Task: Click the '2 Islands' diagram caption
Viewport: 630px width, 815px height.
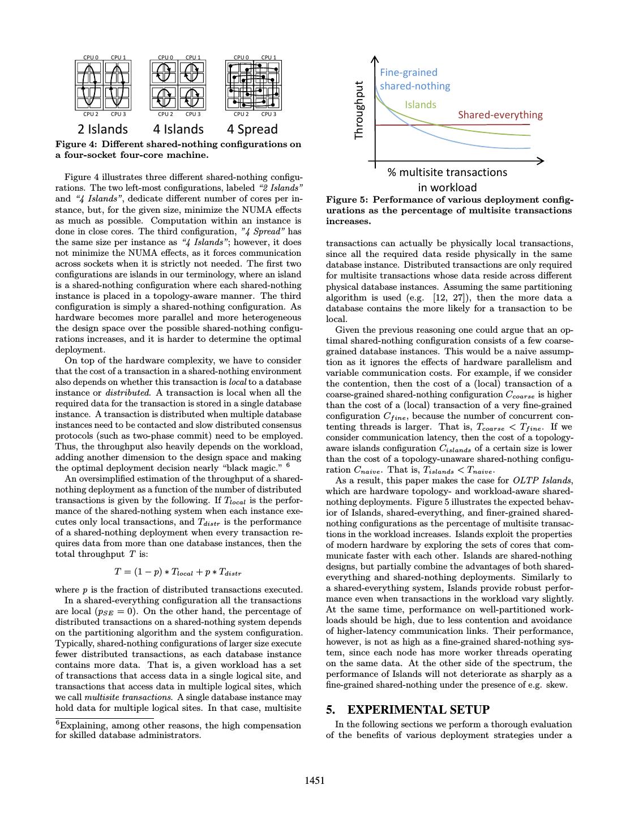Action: tap(102, 130)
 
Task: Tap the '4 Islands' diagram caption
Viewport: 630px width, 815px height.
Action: tap(178, 130)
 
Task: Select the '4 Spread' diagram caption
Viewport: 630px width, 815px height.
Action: tap(252, 130)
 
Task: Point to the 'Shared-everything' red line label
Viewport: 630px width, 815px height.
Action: tap(500, 115)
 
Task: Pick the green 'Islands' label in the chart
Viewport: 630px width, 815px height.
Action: tap(421, 105)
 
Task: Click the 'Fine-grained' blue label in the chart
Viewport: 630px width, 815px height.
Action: tap(409, 72)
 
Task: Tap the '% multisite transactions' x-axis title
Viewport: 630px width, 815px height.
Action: tap(447, 172)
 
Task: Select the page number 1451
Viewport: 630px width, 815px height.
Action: tap(315, 781)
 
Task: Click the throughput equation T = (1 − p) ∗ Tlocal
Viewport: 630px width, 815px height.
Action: tap(178, 572)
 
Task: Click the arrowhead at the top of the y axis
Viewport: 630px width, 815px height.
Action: tap(374, 58)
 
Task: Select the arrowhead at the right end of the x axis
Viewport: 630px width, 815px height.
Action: tap(541, 161)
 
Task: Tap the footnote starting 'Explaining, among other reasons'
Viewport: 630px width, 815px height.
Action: tap(178, 730)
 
